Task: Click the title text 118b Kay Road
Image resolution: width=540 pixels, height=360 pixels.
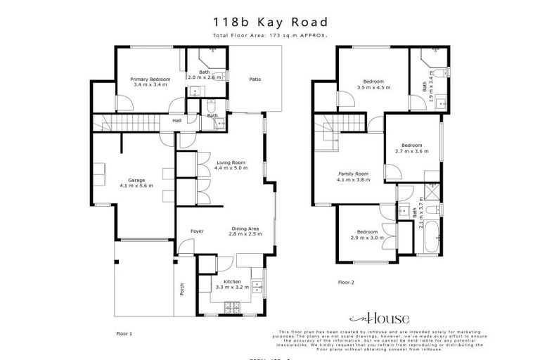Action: (x=269, y=22)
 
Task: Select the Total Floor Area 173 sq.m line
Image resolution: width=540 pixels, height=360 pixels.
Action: (x=269, y=35)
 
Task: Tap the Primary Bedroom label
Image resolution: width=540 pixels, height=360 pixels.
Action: (x=149, y=82)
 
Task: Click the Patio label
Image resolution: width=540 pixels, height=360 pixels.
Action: (x=255, y=79)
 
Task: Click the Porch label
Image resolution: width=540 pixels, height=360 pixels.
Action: (x=181, y=289)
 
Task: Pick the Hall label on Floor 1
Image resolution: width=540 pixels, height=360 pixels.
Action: (x=178, y=120)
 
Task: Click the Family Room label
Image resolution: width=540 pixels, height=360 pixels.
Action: (x=353, y=176)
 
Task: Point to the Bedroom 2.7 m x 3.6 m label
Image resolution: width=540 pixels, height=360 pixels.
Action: (x=411, y=148)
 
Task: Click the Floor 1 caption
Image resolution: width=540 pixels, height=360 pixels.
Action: (x=124, y=334)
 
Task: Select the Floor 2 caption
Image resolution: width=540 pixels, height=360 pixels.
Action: (x=346, y=281)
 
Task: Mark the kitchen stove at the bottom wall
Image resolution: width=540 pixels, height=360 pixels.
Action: (x=231, y=307)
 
